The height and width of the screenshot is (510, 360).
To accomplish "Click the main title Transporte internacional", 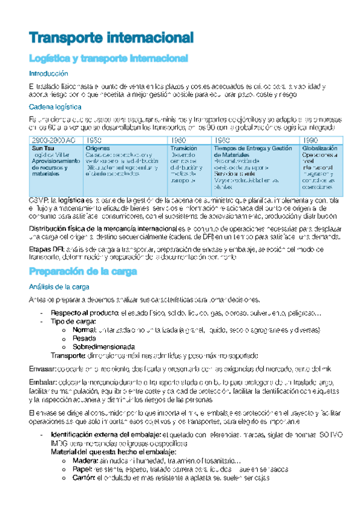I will pyautogui.click(x=111, y=38).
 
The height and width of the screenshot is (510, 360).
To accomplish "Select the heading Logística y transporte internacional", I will pyautogui.click(x=109, y=58).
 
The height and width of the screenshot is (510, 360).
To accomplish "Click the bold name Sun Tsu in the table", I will pyautogui.click(x=42, y=148).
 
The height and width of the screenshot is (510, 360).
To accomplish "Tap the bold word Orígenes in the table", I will pyautogui.click(x=97, y=148).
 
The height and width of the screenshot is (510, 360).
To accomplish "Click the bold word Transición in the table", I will pyautogui.click(x=183, y=148).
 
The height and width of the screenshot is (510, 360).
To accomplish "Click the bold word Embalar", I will pyautogui.click(x=42, y=382).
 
